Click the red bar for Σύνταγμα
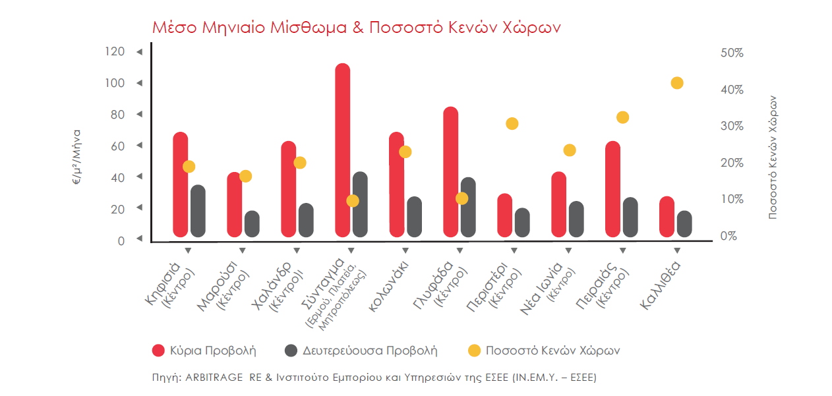point(342,150)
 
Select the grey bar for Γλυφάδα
point(468,207)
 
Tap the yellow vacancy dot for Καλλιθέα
point(677,83)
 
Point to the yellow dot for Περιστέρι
point(512,124)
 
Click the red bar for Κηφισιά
point(181,184)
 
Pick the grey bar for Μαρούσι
point(253,224)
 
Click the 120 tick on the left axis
point(115,51)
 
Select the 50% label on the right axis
point(732,53)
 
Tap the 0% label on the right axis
point(728,236)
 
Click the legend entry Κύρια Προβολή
point(204,351)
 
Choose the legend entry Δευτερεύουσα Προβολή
point(361,351)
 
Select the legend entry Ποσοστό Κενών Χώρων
point(544,351)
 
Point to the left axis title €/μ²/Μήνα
point(76,157)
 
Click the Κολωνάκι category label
point(388,286)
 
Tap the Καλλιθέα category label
point(660,285)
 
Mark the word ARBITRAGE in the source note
point(214,378)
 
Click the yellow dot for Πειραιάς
point(623,117)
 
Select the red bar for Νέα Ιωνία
point(558,204)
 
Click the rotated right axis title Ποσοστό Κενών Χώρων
point(773,157)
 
